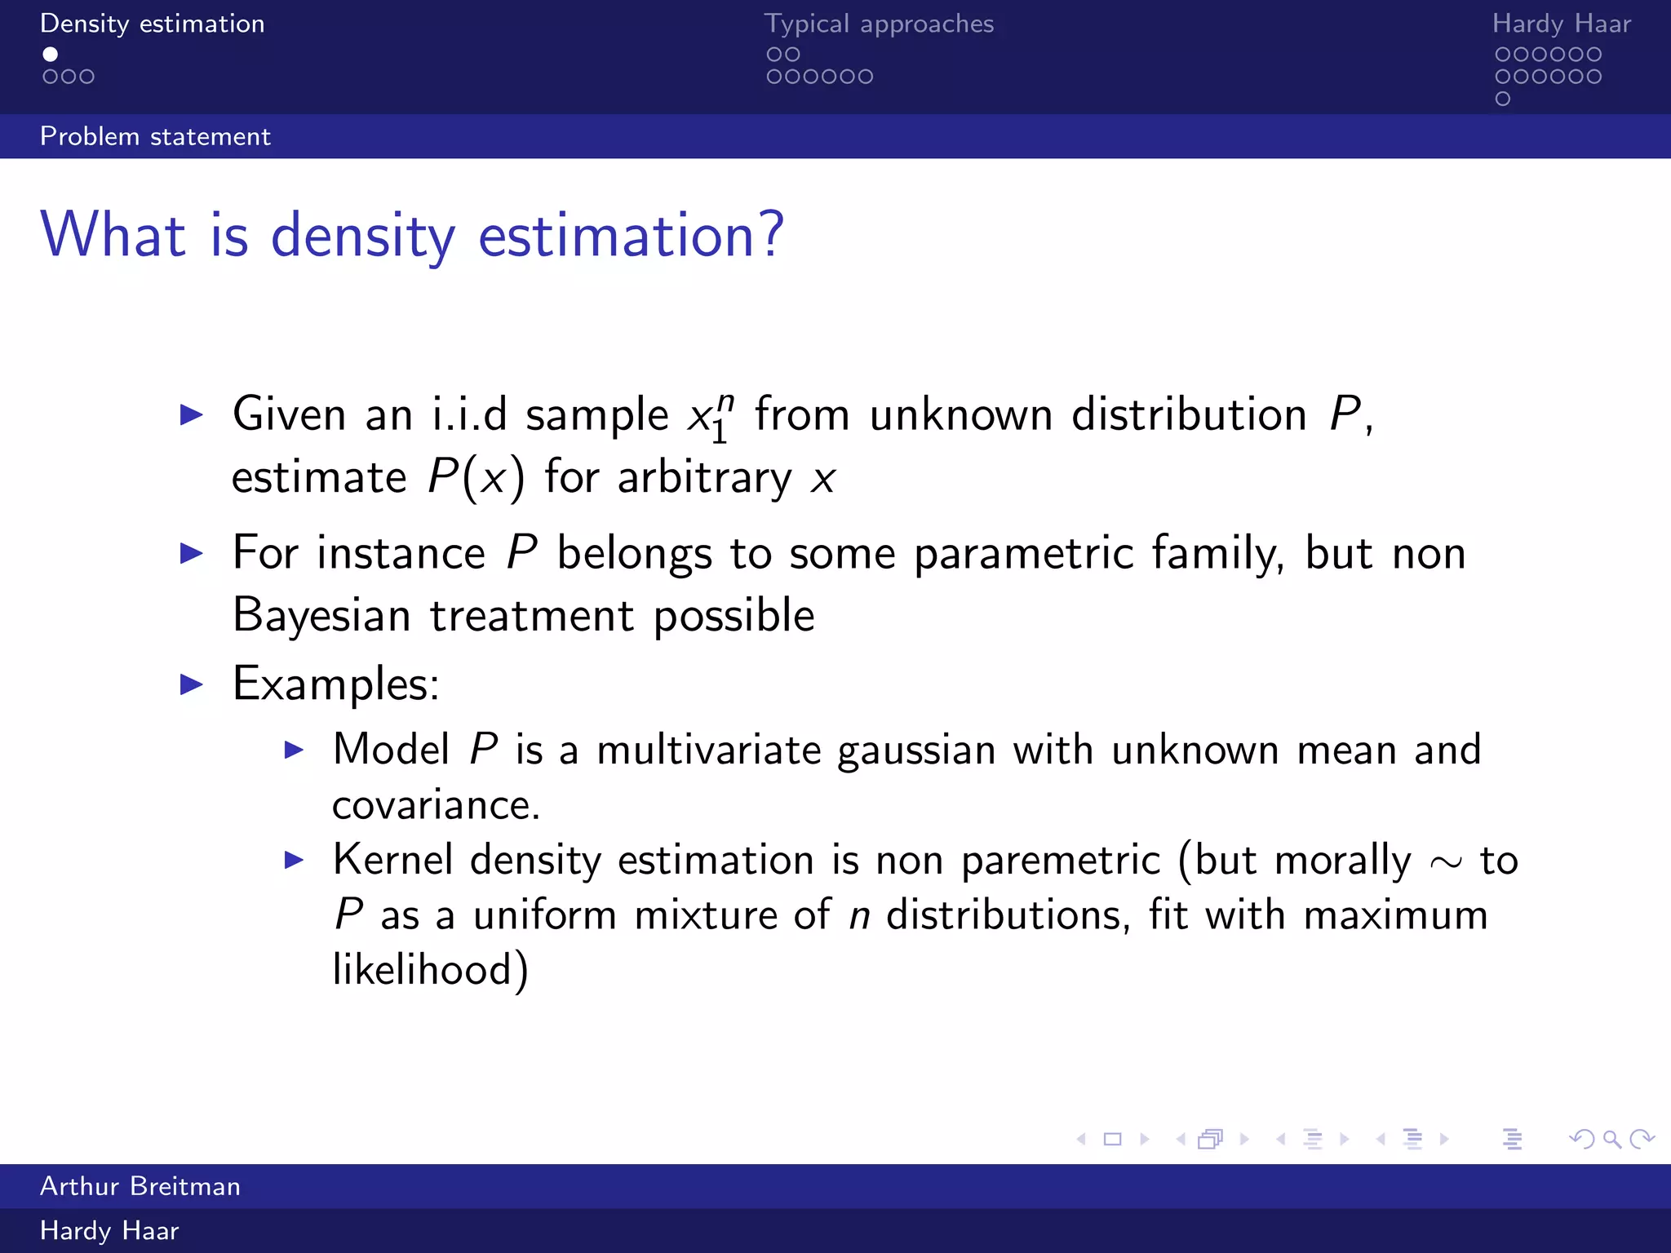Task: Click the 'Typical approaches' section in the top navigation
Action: coord(879,24)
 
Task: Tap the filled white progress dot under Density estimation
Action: coord(51,54)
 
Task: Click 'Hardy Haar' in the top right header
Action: coord(1561,24)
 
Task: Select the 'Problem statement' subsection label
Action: coord(155,136)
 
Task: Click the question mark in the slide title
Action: coord(769,235)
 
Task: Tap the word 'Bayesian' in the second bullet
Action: coord(321,615)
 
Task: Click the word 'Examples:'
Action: coord(335,684)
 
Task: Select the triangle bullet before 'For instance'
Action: coord(191,554)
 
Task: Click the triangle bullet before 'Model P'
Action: coord(294,750)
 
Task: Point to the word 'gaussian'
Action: coord(916,750)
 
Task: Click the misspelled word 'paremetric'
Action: coord(1060,861)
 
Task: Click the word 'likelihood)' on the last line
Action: coord(430,970)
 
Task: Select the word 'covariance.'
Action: coord(436,805)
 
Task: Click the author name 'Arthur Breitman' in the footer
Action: coord(140,1186)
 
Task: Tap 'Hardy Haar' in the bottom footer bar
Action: coord(109,1231)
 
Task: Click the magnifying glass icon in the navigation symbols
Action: coord(1611,1139)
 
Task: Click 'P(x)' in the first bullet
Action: coord(476,477)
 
